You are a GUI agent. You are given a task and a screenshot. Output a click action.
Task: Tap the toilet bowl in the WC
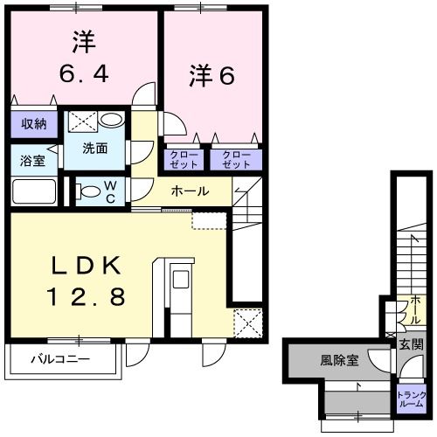[88, 190]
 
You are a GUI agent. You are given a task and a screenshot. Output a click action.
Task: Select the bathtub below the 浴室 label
[33, 191]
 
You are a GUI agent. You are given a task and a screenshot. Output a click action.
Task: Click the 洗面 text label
[95, 149]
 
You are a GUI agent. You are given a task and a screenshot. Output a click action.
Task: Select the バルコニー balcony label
[60, 358]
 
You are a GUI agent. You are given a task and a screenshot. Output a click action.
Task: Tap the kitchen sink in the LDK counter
[181, 280]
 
